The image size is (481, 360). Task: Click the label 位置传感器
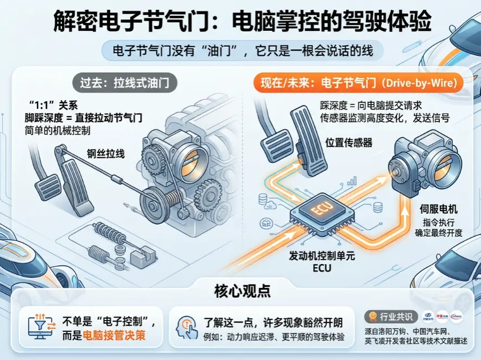[348, 143]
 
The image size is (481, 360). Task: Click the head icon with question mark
[186, 327]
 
